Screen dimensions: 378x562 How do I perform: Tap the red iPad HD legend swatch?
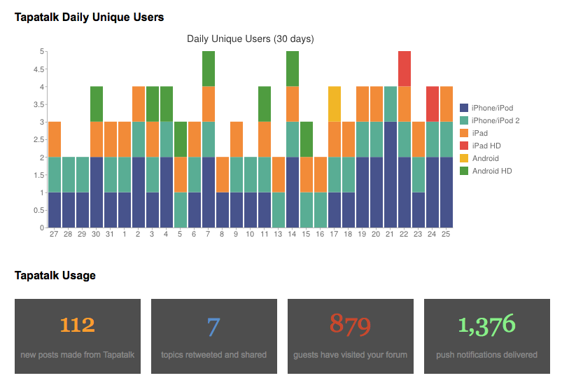click(463, 146)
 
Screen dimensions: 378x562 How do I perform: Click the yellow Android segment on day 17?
click(335, 104)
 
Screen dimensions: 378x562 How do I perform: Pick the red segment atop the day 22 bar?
click(405, 69)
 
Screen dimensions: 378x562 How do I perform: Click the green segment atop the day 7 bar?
click(209, 69)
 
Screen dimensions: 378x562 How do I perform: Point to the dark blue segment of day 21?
click(391, 174)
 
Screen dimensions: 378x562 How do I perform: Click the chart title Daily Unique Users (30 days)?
click(251, 38)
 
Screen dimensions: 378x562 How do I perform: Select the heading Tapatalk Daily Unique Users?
click(90, 17)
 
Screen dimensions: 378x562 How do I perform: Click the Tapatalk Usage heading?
click(55, 276)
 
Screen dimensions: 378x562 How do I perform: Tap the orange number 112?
click(77, 325)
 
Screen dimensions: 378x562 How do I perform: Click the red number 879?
click(350, 325)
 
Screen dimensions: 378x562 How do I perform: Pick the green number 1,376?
click(486, 325)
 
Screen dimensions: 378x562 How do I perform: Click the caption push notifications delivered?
click(486, 355)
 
